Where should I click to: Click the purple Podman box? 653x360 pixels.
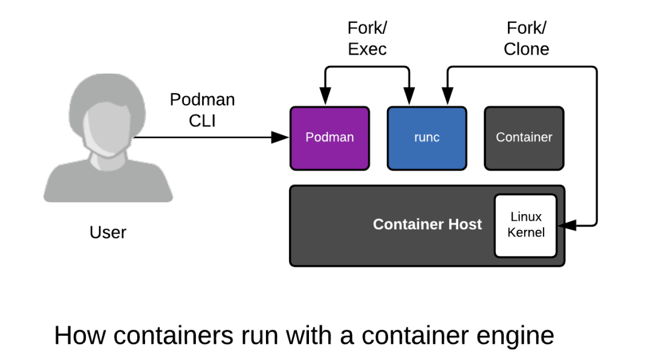[330, 139]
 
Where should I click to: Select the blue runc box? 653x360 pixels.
[427, 139]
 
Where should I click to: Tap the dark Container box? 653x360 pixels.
[524, 139]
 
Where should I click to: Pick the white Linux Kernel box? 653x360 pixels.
[525, 226]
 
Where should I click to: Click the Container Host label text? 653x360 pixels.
[427, 224]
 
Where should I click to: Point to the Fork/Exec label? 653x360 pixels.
[368, 38]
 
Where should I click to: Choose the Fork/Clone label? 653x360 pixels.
[527, 38]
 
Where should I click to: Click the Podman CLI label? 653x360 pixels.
[203, 110]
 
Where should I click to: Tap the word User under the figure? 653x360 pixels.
[108, 232]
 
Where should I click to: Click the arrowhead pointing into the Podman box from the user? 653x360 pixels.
[281, 137]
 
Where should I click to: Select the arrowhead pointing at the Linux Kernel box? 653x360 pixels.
[567, 226]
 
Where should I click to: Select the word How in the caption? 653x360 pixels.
[80, 335]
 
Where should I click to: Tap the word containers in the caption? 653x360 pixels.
[174, 335]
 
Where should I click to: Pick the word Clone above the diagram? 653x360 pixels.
[527, 49]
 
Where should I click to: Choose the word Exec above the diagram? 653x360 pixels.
[368, 49]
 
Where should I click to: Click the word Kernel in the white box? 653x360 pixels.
[526, 232]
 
